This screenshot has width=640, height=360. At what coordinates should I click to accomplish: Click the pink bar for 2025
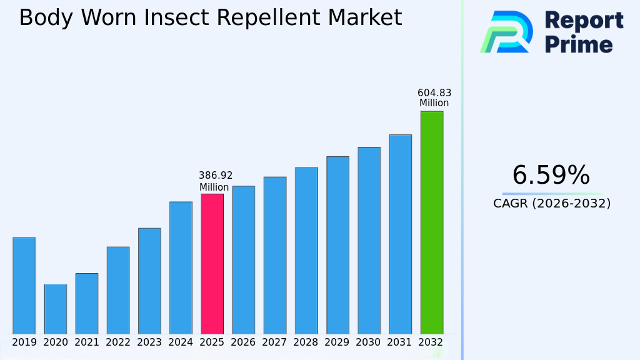(x=212, y=264)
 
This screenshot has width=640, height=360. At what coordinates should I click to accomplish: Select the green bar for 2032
(x=431, y=222)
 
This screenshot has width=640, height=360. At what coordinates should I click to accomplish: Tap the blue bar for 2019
(x=24, y=286)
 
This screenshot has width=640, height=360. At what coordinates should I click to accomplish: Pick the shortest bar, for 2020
(x=56, y=309)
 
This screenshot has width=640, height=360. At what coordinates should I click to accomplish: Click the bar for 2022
(x=118, y=290)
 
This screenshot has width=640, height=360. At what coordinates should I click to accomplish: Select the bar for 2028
(x=306, y=250)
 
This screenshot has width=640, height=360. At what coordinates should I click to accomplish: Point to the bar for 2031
(x=400, y=234)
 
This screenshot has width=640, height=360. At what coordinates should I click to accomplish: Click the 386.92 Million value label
(x=216, y=181)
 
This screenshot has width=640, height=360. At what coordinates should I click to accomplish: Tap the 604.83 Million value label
(x=434, y=98)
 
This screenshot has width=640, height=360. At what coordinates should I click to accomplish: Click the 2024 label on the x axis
(x=181, y=342)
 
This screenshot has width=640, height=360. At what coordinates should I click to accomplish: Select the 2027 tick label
(x=274, y=342)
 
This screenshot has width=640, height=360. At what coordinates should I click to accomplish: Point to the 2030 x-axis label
(x=369, y=342)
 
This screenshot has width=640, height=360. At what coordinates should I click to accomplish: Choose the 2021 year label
(x=87, y=342)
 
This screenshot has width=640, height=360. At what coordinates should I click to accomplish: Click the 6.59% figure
(x=551, y=176)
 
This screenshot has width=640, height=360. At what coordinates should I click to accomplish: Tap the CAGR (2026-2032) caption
(x=552, y=203)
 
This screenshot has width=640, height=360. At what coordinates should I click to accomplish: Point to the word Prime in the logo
(x=579, y=44)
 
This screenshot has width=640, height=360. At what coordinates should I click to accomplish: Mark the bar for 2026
(x=244, y=259)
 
